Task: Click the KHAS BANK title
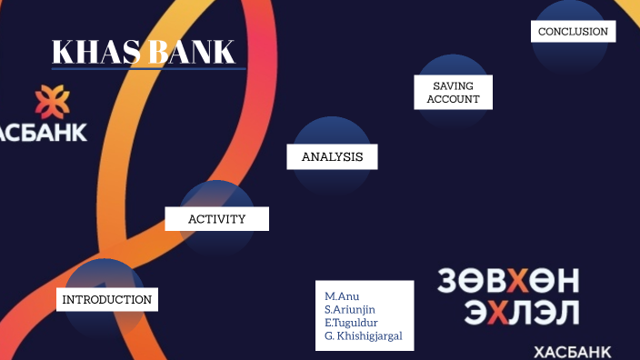(144, 52)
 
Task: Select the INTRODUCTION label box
(106, 299)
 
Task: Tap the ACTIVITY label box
(216, 218)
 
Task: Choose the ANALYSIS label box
(332, 156)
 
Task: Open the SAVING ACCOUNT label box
(453, 92)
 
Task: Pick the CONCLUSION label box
(573, 31)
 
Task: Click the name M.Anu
(341, 296)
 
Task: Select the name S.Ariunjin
(350, 309)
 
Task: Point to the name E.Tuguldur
(351, 323)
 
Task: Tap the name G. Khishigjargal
(363, 335)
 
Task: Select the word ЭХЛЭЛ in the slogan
(521, 314)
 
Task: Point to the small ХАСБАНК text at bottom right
(572, 352)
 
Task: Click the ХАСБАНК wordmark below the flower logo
(43, 133)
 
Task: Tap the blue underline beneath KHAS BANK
(148, 68)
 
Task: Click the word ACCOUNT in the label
(453, 99)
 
